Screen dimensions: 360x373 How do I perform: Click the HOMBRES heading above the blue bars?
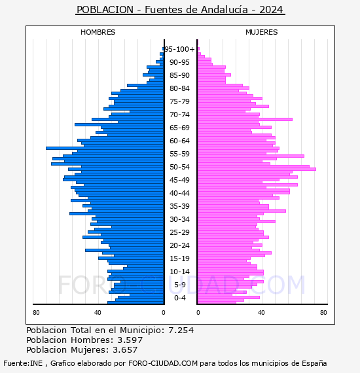tap(98, 32)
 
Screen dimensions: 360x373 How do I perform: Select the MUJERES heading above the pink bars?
tap(262, 32)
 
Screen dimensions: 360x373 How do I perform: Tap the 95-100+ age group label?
tap(179, 49)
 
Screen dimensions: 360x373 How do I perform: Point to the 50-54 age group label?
tap(179, 167)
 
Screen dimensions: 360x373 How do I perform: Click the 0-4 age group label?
tap(180, 298)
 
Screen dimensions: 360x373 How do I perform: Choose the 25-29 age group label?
tap(179, 232)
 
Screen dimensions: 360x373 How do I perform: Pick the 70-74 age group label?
tap(179, 115)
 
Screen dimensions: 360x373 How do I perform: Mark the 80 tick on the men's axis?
tap(36, 313)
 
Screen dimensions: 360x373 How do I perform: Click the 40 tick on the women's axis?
tap(261, 313)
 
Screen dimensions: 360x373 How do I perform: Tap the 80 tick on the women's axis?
tap(323, 313)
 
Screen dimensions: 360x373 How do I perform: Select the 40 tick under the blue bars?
tap(98, 313)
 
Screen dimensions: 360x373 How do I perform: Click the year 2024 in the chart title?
tap(271, 10)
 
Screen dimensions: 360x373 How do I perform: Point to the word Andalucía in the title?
tap(225, 10)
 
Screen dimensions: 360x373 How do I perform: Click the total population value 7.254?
tap(181, 330)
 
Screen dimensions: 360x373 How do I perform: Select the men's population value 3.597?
tap(130, 340)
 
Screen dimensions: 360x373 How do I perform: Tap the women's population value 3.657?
tap(125, 350)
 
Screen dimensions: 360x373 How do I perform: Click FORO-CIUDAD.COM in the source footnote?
tap(163, 363)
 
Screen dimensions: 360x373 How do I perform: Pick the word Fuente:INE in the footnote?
tap(23, 363)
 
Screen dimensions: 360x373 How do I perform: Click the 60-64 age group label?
tap(179, 141)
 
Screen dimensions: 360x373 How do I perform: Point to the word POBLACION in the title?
tap(105, 10)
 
